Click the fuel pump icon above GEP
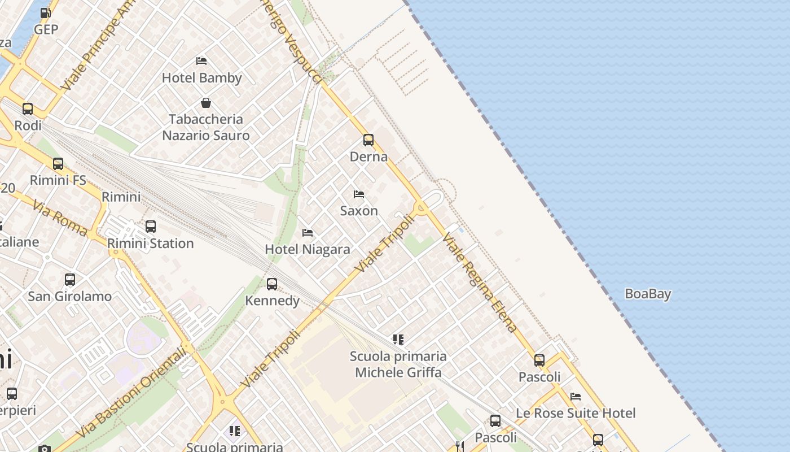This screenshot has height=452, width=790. pos(45,12)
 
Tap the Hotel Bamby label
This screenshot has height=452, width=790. pos(201,78)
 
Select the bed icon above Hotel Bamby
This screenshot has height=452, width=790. pos(201,61)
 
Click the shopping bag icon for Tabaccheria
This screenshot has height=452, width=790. pos(206,103)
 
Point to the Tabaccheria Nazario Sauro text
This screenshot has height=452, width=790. pos(206,127)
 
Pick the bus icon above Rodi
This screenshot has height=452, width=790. pos(28,109)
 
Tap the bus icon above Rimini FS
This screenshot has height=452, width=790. pos(58,164)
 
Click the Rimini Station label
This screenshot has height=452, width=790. pos(151,244)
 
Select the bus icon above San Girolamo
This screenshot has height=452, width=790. pos(70,280)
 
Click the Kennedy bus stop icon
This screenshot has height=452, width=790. pos(272,284)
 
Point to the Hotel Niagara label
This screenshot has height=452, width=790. pos(308,249)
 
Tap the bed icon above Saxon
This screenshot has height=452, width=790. pos(359,194)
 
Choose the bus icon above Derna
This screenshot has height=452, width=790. pos(368,140)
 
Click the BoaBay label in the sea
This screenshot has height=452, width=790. pos(648,294)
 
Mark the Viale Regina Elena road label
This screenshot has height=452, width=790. pos(480,282)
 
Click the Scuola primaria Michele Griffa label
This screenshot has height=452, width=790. pos(398,364)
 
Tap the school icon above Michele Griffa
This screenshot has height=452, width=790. pos(398,340)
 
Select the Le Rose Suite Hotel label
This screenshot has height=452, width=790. pos(576,413)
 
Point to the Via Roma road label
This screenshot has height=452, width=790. pos(59,218)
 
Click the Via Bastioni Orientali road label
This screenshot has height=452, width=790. pos(133,393)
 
